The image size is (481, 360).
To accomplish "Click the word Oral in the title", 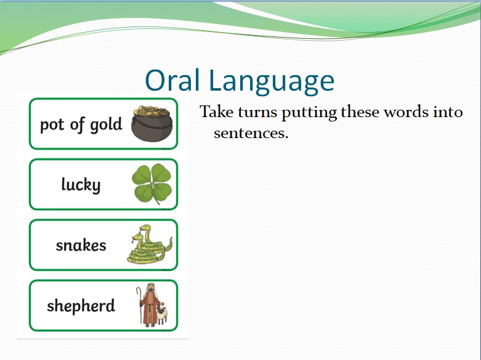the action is (172, 80).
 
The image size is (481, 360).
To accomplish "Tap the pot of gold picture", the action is (152, 123).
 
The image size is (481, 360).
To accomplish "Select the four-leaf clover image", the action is (152, 184).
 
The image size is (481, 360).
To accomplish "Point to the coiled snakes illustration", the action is (150, 244).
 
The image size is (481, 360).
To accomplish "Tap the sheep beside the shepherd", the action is (162, 316).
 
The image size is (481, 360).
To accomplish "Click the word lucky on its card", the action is (81, 185).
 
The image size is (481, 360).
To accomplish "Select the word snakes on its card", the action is (81, 245).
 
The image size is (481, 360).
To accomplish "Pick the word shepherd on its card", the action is (81, 306).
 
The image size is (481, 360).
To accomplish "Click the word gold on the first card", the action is (106, 125).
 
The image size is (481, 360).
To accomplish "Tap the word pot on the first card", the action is (52, 125).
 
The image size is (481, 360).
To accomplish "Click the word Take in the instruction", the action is (217, 112).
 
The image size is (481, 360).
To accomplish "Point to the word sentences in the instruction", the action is (251, 133).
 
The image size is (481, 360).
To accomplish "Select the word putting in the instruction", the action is (309, 113).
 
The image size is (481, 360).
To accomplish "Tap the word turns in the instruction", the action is (257, 112).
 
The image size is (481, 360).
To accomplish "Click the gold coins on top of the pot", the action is (152, 110).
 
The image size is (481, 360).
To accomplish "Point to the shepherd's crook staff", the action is (140, 305).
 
